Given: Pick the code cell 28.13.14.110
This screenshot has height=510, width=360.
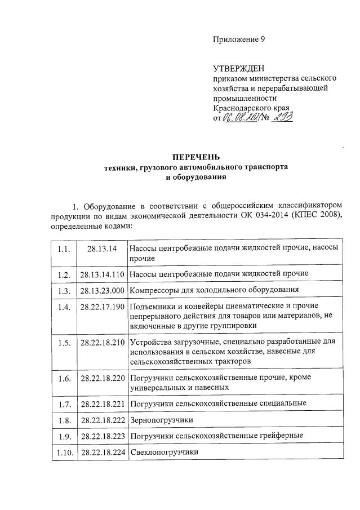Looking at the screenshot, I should point(103,274).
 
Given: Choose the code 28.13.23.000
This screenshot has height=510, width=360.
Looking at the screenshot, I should point(103,291).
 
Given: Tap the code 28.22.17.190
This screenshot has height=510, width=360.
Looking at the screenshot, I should point(103,308).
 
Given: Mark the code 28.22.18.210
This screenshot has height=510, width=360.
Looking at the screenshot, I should point(103,342).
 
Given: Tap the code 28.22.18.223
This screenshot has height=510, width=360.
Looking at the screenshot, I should point(103,436).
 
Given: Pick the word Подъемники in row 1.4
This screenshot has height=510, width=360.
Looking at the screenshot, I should point(152,307).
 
